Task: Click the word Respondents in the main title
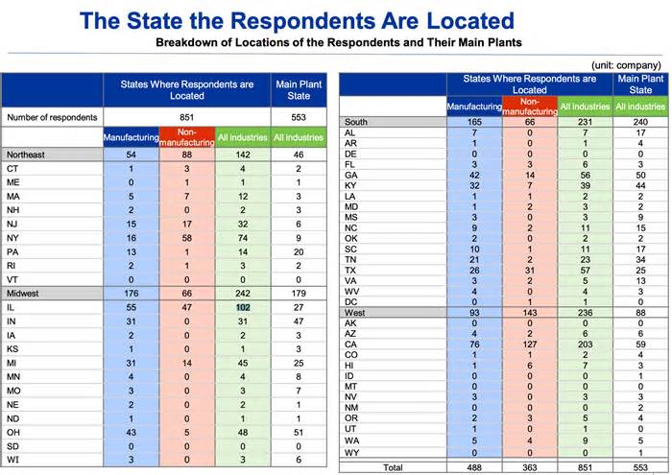[305, 20]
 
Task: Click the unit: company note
[626, 65]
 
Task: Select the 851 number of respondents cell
[187, 117]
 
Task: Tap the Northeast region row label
[26, 154]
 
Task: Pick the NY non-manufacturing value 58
[187, 238]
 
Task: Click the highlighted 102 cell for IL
[243, 307]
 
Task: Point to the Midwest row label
[23, 294]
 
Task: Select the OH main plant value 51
[299, 433]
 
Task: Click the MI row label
[12, 364]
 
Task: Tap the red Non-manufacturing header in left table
[187, 137]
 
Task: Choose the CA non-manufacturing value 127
[530, 344]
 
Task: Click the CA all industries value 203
[585, 344]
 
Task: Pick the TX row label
[350, 271]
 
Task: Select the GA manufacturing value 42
[474, 176]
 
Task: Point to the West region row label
[355, 313]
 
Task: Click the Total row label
[393, 467]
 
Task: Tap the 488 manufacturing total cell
[474, 467]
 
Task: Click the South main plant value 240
[640, 122]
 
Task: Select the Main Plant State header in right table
[640, 84]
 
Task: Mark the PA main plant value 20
[299, 251]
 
